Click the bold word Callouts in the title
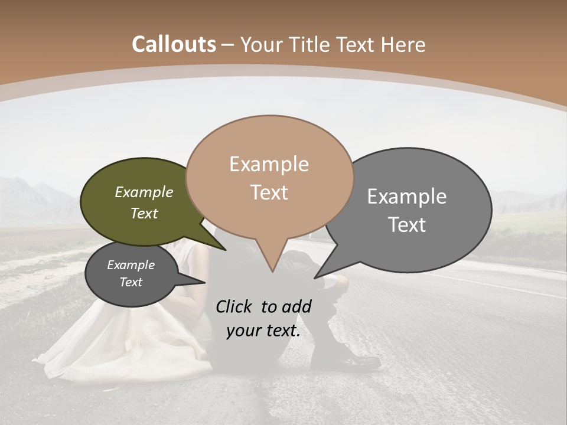[174, 44]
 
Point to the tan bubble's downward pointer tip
[272, 271]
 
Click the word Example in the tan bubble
[269, 164]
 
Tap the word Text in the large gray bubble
[407, 225]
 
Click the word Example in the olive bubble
[144, 192]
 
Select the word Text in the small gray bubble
[131, 282]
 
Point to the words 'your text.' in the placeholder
[263, 331]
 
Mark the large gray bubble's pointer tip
[315, 277]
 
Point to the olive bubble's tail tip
[226, 250]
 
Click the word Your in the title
[261, 44]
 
